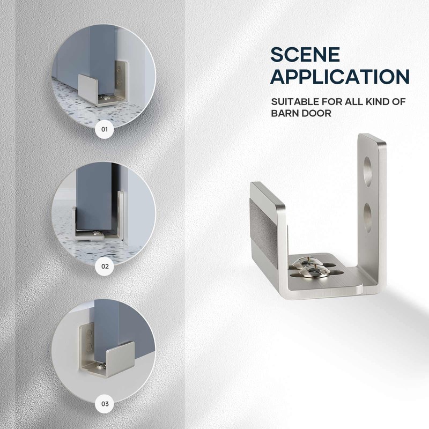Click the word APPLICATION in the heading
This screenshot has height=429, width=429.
[x=340, y=76]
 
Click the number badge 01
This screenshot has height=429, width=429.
[x=105, y=129]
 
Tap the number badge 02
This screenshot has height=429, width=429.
[x=105, y=265]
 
